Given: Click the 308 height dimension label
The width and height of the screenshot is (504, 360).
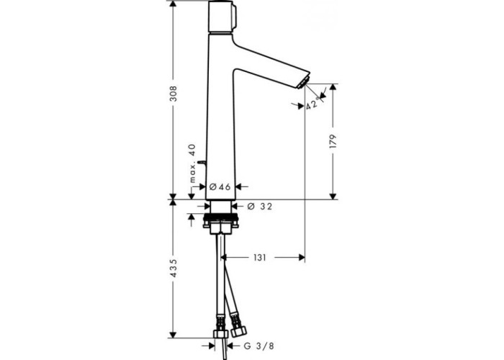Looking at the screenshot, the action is tap(174, 93).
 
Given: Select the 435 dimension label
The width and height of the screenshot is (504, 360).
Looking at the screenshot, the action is tap(174, 268).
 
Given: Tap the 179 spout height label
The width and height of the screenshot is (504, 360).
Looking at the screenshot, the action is tap(333, 141).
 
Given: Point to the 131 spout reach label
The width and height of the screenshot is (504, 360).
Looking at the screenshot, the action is tap(260, 258).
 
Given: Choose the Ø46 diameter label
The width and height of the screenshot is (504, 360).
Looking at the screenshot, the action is tap(220, 186).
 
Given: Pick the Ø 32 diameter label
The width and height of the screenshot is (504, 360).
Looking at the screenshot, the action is tap(260, 207).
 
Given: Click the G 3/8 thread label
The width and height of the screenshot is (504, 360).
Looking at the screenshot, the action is tap(258, 346).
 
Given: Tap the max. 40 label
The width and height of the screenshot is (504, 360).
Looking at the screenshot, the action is tap(192, 163).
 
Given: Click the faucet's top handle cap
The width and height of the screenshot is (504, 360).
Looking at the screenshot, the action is tap(221, 16).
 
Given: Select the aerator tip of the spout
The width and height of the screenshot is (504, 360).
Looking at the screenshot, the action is tap(303, 84).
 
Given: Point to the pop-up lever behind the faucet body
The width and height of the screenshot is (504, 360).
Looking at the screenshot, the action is tap(202, 162).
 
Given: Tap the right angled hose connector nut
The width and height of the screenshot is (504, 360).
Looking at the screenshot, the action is tap(238, 331).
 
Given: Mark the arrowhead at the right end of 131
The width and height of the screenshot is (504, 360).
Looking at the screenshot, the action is tap(302, 257).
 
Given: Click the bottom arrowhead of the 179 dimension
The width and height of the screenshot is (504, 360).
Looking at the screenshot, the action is tap(333, 196).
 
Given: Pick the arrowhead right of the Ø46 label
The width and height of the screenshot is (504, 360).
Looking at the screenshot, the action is tap(239, 186).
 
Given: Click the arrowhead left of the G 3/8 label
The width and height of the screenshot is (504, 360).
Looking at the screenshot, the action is tap(211, 346).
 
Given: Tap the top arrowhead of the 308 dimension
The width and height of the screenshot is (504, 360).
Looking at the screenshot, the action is tap(174, 4).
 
